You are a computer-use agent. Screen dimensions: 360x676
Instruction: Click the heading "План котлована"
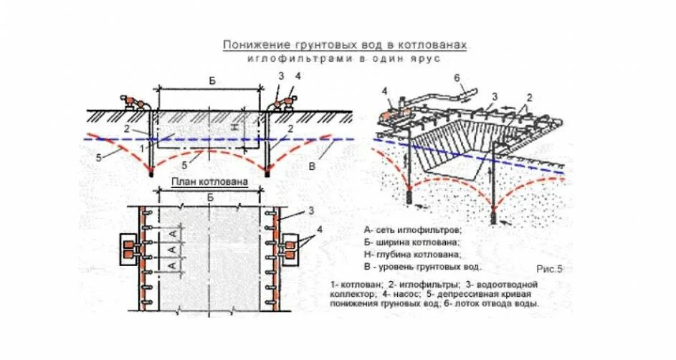[209, 182]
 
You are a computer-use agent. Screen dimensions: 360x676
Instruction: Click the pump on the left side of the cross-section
[133, 102]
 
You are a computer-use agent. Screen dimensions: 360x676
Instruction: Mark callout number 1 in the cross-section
[142, 146]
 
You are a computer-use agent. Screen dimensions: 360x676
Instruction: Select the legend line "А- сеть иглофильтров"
[413, 230]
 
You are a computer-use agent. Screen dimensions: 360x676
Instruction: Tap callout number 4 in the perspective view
[386, 91]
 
